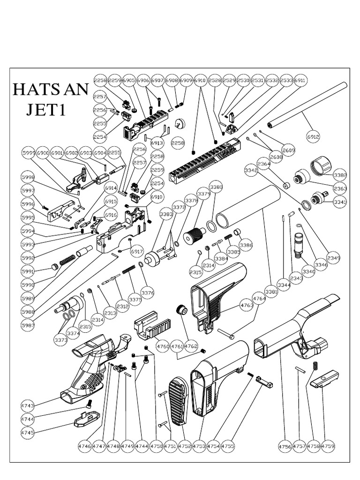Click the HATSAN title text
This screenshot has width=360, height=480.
(x=50, y=89)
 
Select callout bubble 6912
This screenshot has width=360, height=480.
(x=313, y=137)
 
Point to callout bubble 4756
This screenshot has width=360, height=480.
(x=285, y=446)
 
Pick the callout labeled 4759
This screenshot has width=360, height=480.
(x=328, y=446)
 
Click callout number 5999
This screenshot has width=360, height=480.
(x=29, y=153)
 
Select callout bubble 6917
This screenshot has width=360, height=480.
(x=137, y=252)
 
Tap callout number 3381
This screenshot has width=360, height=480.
(x=271, y=291)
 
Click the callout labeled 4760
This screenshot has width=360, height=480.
(x=163, y=346)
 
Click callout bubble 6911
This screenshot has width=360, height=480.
(x=300, y=81)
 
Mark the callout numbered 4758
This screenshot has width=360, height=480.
(x=313, y=446)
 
